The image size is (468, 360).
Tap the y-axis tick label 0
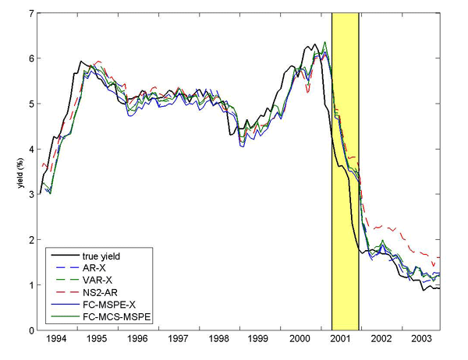point(30,330)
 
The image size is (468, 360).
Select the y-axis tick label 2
point(30,239)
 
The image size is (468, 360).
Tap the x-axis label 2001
point(341,341)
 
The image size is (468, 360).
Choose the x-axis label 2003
point(420,341)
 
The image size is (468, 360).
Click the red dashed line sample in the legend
point(61,293)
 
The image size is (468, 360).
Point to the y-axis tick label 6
point(30,58)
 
